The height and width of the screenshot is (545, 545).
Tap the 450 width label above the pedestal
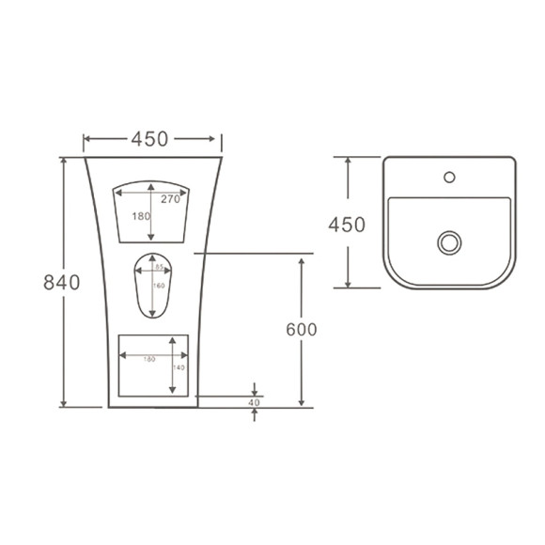click(x=149, y=139)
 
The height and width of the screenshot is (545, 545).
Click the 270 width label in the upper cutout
click(x=170, y=199)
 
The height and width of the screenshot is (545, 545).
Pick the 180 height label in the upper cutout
click(x=141, y=216)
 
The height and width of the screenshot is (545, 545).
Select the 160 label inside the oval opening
click(x=158, y=286)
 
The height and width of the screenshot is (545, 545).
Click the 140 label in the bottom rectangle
click(x=179, y=368)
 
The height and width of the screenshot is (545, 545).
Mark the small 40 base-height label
click(x=254, y=402)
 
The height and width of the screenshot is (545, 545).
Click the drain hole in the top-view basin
click(x=449, y=242)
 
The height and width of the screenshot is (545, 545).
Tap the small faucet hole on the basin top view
click(x=449, y=176)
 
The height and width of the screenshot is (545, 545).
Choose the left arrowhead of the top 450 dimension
click(x=87, y=141)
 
